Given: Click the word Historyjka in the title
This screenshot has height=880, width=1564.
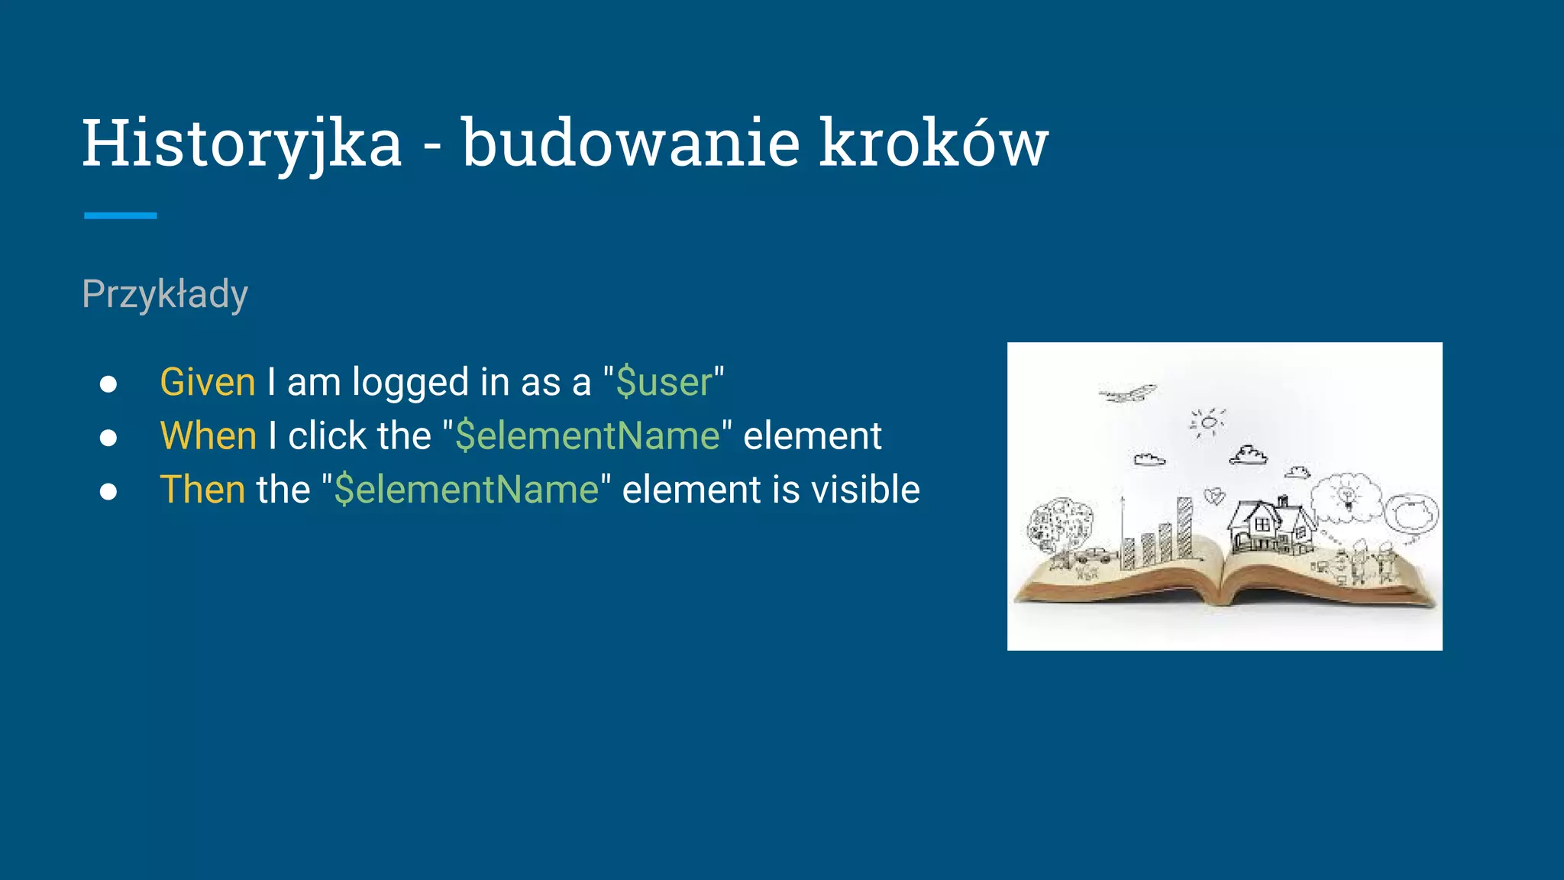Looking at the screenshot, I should (241, 144).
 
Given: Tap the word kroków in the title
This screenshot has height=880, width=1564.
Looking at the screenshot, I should (933, 144).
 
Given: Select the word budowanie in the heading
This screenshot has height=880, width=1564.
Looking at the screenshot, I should (631, 144).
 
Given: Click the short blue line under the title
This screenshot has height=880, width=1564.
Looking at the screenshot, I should (120, 216).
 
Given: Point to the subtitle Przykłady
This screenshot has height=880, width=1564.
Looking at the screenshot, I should (165, 294).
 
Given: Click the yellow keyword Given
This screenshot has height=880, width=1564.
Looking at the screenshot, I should (207, 382).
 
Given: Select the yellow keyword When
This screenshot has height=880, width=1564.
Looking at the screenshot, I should (208, 436).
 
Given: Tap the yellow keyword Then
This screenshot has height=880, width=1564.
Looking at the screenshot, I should (202, 490).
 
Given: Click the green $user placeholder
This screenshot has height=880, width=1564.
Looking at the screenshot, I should (664, 382).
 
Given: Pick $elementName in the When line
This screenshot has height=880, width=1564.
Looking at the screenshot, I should (587, 436).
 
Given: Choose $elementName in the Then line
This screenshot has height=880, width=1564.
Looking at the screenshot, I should (467, 490).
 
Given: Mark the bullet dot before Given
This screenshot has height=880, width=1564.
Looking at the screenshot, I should (108, 383).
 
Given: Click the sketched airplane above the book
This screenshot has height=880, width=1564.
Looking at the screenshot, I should (1129, 394).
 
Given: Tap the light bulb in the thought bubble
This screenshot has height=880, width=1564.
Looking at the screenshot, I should (1348, 496).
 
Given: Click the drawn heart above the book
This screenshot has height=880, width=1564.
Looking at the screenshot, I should (1213, 497).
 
